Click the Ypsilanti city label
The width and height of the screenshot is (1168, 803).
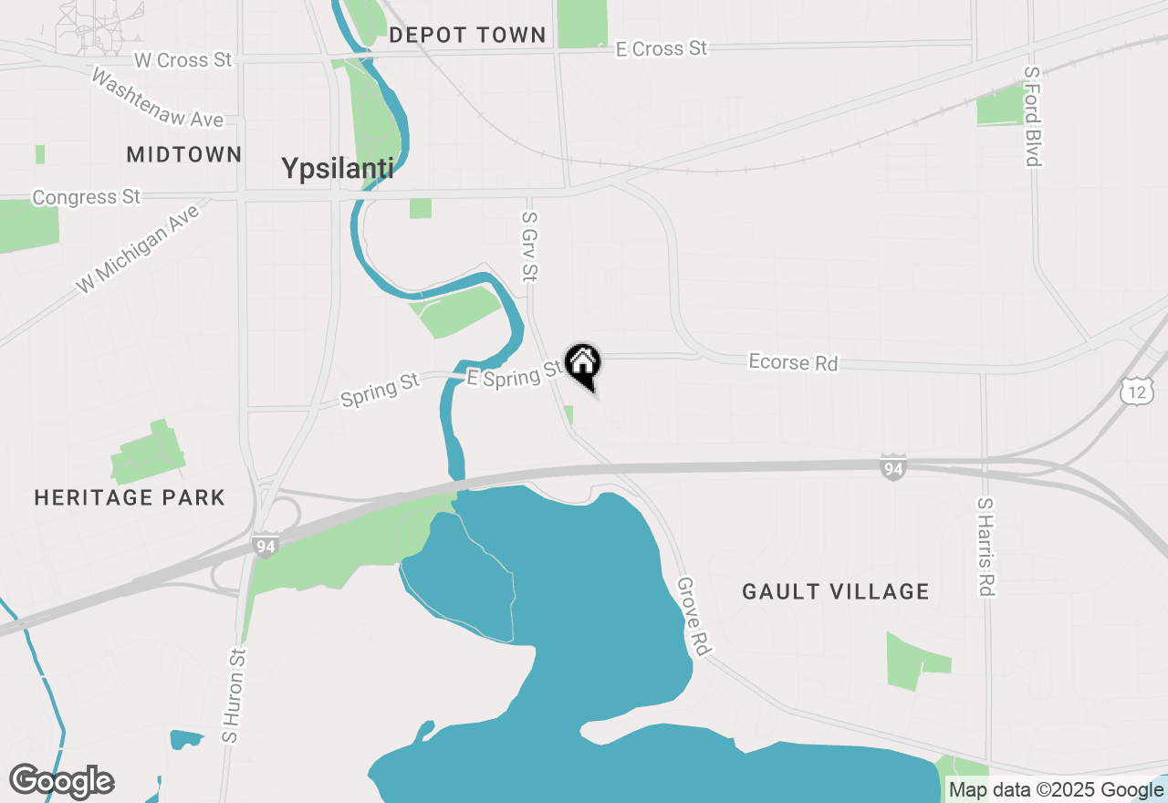tap(337, 169)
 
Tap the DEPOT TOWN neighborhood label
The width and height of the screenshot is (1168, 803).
tap(466, 36)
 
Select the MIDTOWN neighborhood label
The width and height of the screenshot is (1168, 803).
tap(184, 154)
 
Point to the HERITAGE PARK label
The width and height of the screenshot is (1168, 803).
tap(130, 497)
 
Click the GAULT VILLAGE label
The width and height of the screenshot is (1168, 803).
tap(835, 591)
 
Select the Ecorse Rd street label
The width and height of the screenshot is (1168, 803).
tap(793, 362)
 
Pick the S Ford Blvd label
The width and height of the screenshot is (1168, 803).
tap(1032, 116)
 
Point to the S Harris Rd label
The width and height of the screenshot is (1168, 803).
tap(984, 547)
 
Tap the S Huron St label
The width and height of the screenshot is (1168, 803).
tap(234, 694)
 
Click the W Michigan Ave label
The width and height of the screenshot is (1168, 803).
tap(138, 248)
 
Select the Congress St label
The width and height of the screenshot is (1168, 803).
tap(87, 197)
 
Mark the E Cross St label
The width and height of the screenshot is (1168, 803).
tap(662, 48)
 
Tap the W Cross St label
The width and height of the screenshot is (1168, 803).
tap(182, 60)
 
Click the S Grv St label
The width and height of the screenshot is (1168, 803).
tap(528, 246)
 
